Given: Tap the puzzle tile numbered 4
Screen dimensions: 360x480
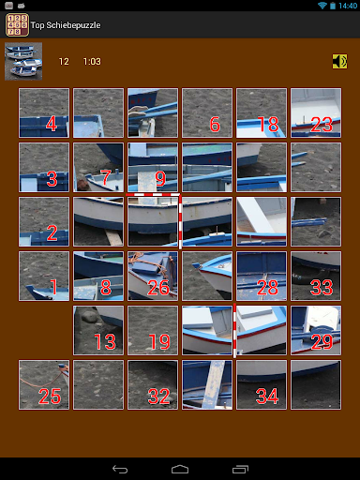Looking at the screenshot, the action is [x=44, y=112].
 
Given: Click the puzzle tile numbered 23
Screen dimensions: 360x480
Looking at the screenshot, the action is [x=316, y=112].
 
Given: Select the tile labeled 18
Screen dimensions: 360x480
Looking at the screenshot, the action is [x=262, y=112].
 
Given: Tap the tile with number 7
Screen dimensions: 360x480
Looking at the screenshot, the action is [x=98, y=167].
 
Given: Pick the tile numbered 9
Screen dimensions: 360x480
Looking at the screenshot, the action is [x=153, y=167].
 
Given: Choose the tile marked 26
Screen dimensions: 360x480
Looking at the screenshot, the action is [x=153, y=276].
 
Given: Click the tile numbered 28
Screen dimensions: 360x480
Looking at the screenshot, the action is [x=262, y=276].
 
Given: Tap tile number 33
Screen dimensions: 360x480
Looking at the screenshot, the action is [x=316, y=276].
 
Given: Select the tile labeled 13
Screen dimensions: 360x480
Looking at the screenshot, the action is [x=98, y=330].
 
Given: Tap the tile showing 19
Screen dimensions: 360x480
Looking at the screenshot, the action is [x=153, y=330].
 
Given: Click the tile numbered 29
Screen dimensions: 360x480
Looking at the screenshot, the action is [x=316, y=330].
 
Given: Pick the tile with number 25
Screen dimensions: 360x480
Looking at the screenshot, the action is [x=44, y=384].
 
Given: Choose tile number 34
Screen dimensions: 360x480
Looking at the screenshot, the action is [x=262, y=384].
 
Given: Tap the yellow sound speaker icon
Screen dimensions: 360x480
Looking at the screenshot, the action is [x=339, y=61].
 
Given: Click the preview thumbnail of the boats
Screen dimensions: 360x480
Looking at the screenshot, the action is [x=23, y=61].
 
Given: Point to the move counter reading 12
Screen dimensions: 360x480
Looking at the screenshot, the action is [x=64, y=62].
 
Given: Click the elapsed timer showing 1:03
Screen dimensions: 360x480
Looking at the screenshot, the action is [x=92, y=62].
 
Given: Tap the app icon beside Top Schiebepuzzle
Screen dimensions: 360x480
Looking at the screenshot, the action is [x=17, y=25].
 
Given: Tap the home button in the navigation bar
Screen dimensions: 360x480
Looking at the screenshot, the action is [x=180, y=469].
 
